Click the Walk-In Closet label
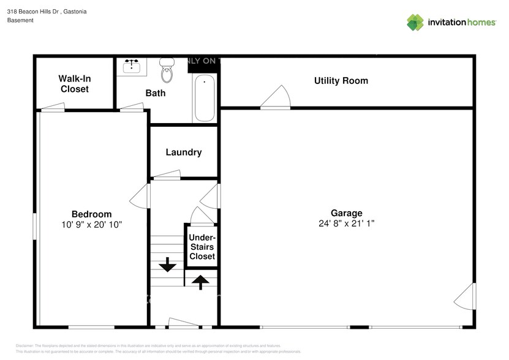(x=74, y=84)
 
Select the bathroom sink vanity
(x=133, y=67)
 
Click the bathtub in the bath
(x=204, y=98)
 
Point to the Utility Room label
(x=341, y=81)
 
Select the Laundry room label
(x=183, y=152)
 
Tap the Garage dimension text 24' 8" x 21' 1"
(x=347, y=224)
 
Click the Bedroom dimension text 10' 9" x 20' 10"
(x=91, y=225)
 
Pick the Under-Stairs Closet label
(x=202, y=247)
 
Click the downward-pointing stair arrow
(x=167, y=265)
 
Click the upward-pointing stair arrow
(x=200, y=282)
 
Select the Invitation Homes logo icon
(x=415, y=22)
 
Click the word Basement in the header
(x=20, y=20)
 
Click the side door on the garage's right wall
(x=466, y=298)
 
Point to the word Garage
(x=347, y=213)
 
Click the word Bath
(x=155, y=93)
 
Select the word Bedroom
(x=91, y=214)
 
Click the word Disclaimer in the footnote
(x=25, y=345)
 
